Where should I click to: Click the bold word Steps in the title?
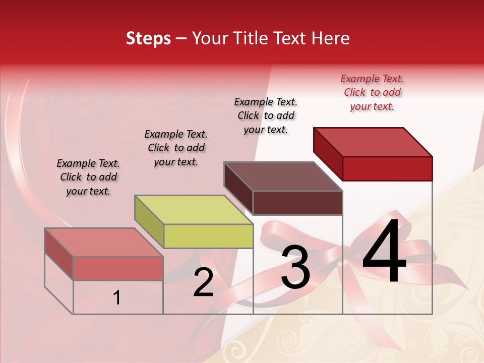[x=148, y=38]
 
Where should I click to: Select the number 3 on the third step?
[x=295, y=267]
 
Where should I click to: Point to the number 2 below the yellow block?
[x=203, y=283]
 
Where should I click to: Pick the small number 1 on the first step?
[x=117, y=298]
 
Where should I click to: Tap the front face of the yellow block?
[x=208, y=236]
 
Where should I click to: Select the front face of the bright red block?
[x=387, y=168]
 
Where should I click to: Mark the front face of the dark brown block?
[x=297, y=203]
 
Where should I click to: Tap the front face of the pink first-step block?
[x=118, y=268]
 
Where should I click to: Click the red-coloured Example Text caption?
[x=372, y=92]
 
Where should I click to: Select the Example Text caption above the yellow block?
[x=176, y=148]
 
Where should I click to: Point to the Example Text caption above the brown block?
[x=266, y=115]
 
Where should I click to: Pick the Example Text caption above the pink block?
[x=88, y=177]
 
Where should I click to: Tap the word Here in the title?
[x=333, y=38]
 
